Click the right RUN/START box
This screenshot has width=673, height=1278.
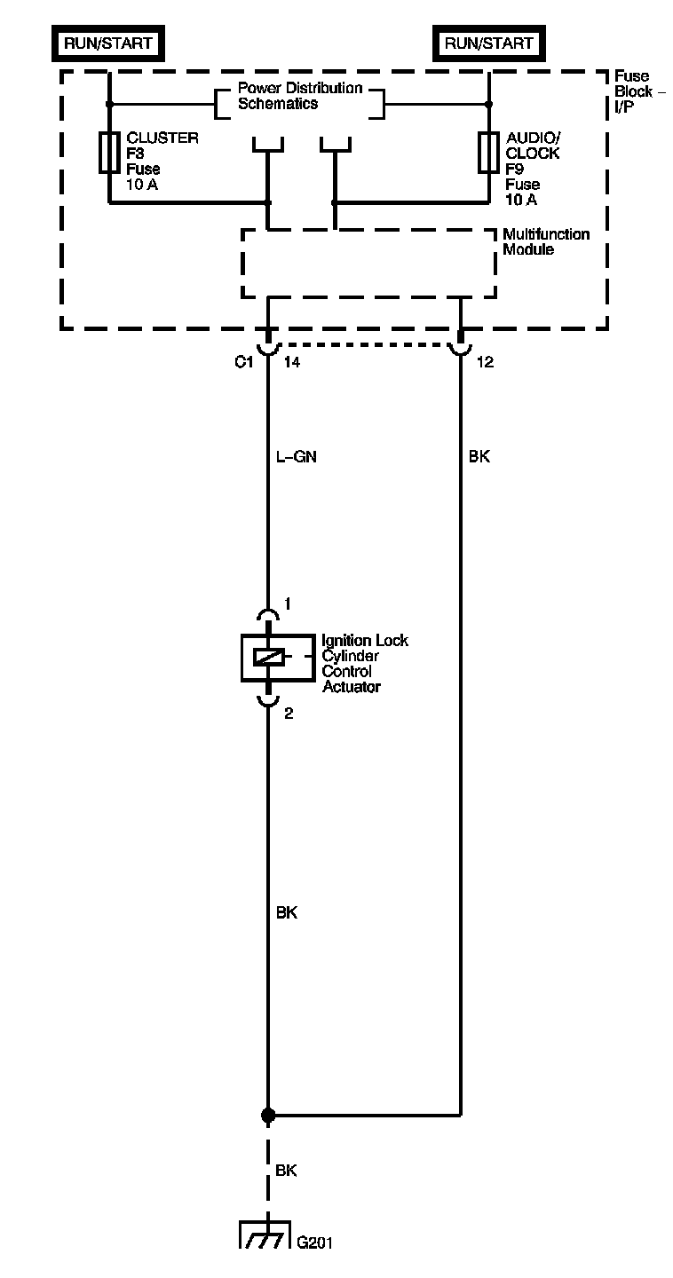488,43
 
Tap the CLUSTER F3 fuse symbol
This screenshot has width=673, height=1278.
109,152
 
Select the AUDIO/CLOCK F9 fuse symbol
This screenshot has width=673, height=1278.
488,152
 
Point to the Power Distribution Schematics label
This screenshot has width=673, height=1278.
300,96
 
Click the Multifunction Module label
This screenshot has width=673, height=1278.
546,241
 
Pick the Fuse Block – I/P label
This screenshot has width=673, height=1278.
634,91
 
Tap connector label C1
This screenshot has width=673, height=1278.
243,362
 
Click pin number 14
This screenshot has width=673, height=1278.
290,362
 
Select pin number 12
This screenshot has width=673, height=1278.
486,362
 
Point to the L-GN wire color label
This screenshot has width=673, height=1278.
297,458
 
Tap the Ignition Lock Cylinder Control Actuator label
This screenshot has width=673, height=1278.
364,663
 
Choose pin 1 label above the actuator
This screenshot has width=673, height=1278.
288,604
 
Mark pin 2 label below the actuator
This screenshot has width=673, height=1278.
289,712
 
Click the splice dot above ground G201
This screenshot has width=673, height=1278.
268,1114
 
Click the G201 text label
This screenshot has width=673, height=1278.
315,1242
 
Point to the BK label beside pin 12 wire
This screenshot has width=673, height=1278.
479,458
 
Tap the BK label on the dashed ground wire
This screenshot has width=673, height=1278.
286,1171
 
